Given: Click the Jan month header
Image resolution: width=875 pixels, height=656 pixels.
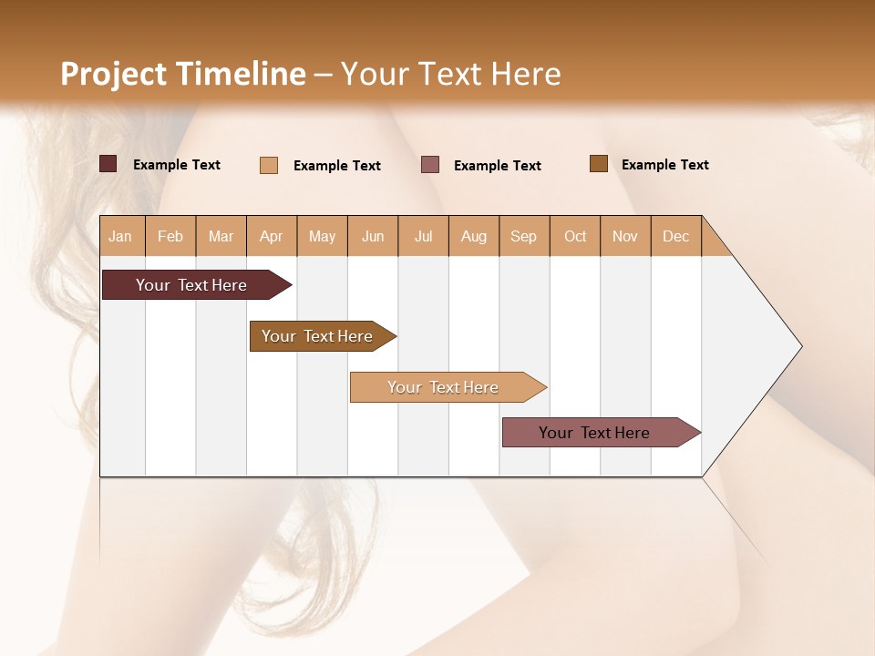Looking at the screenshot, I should coord(121,236).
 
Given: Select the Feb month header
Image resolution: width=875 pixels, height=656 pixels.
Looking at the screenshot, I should coord(170,236).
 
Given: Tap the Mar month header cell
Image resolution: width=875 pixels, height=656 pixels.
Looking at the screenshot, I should coord(221,236).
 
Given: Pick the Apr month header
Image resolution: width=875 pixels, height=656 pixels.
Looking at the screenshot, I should coord(272,236).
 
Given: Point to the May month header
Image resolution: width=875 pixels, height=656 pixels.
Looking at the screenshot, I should coord(322,236).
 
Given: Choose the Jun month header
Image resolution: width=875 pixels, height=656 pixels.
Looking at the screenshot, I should coord(373,236).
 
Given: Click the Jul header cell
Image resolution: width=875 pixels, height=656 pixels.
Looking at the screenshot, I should coord(423,236).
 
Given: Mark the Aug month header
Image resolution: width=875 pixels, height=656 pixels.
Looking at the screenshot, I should coord(474,236).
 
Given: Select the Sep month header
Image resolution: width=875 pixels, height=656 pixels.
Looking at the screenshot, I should coord(524,236).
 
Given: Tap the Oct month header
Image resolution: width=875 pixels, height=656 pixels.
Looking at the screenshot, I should coord(575,236).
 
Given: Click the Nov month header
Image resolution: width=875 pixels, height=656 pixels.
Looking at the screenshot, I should coord(625,236).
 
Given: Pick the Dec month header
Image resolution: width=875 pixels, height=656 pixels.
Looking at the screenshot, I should coord(675,236).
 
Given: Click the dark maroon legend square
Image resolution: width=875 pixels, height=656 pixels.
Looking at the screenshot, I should coord(108,164).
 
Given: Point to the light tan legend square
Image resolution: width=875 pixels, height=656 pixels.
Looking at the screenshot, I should coord(269,165).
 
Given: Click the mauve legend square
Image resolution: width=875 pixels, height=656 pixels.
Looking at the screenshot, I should coord(430,164).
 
